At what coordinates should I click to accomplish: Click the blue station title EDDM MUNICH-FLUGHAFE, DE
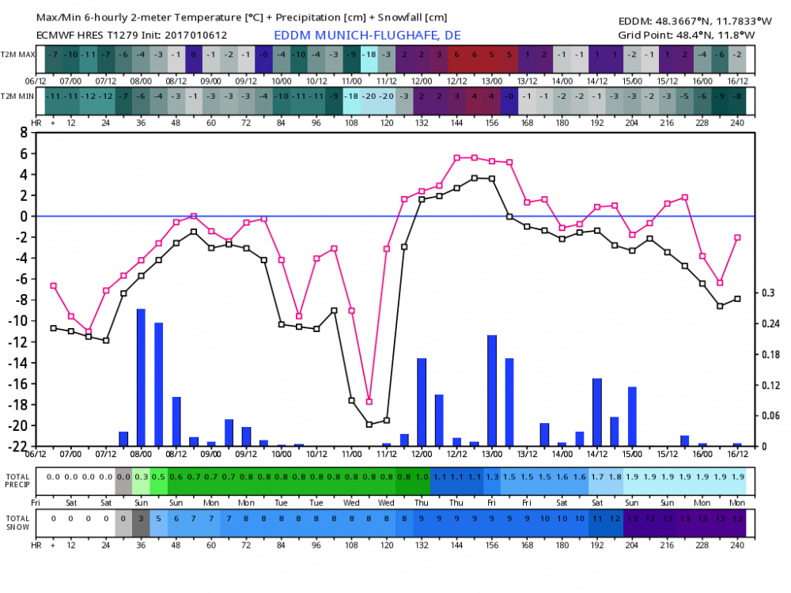point(367,36)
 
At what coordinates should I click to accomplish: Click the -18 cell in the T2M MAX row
point(369,55)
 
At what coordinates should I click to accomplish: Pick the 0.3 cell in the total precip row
point(141,477)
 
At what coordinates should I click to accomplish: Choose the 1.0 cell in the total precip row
point(422,477)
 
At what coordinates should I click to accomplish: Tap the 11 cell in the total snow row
point(596,518)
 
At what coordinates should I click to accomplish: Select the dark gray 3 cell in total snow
point(141,518)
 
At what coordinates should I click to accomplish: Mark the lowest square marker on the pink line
point(369,402)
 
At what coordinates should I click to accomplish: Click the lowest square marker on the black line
point(369,425)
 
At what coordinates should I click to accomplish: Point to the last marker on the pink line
point(737,237)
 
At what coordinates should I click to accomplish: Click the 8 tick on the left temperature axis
point(25,133)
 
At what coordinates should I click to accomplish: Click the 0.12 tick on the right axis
point(770,385)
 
